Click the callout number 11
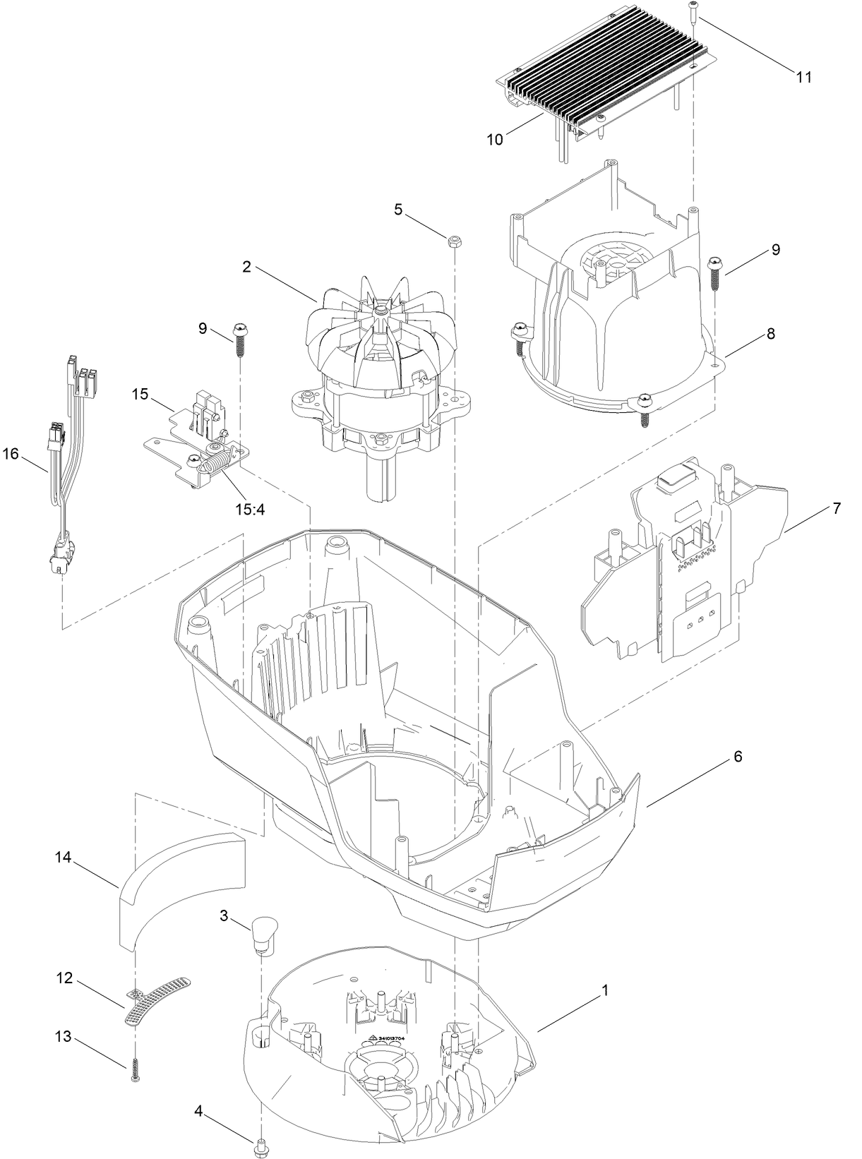tap(804, 78)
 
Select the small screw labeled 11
tap(693, 11)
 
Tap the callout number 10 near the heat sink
tap(495, 140)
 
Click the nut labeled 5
tap(453, 242)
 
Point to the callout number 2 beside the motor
tap(246, 267)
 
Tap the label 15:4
tap(250, 508)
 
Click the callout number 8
tap(770, 335)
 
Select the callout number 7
tap(837, 508)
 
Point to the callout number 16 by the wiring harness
tap(11, 454)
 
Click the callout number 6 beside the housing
tap(738, 757)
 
